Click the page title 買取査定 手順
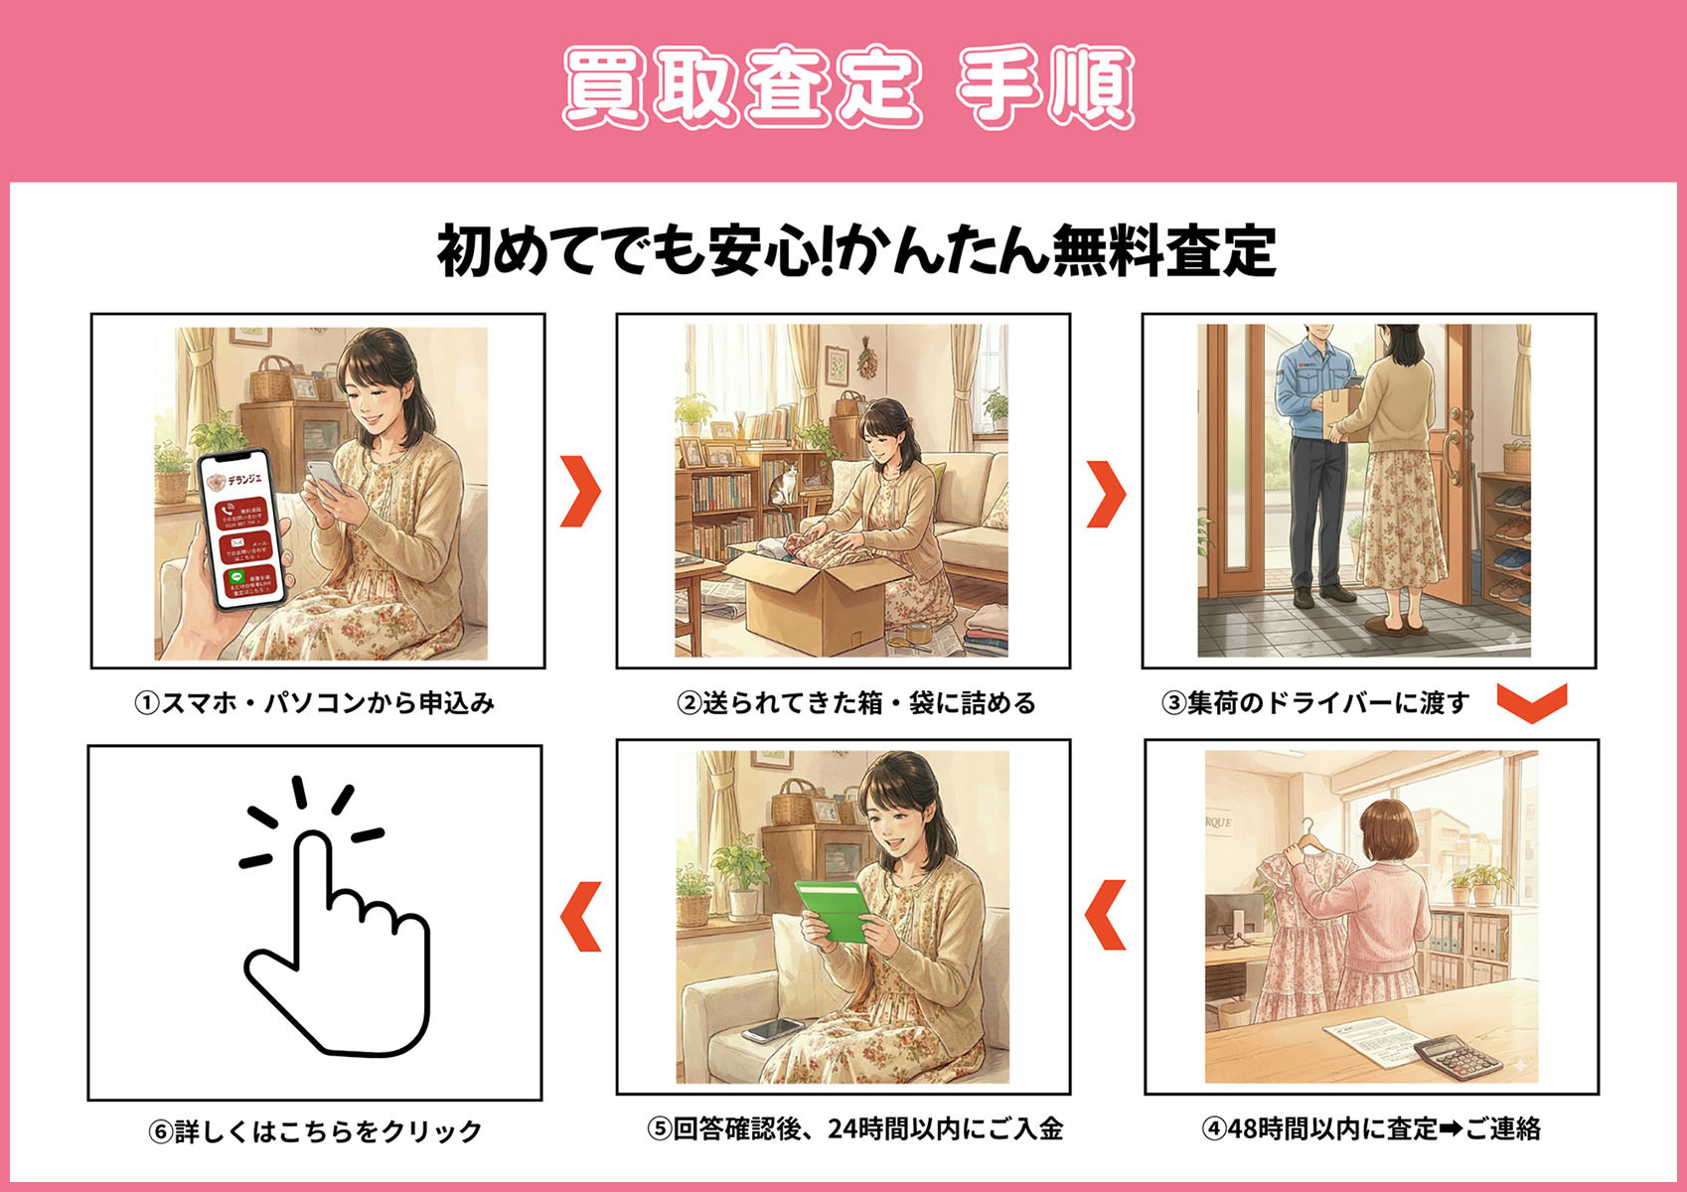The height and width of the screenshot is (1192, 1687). [847, 86]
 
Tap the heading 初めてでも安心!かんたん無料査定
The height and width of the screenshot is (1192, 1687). [855, 250]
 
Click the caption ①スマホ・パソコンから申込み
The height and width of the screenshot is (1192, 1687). [315, 703]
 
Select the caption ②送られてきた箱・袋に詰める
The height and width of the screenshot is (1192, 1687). [856, 703]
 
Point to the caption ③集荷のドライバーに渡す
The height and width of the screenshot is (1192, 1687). [1315, 703]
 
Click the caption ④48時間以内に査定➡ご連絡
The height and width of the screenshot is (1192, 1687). [1371, 1129]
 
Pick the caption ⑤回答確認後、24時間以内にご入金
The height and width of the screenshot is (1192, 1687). [855, 1129]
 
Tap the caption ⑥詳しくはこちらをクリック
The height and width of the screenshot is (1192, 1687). [316, 1131]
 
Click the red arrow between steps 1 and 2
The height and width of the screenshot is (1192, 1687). [580, 491]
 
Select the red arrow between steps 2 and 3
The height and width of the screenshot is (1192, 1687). [1106, 493]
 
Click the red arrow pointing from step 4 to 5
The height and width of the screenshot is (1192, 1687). [1106, 914]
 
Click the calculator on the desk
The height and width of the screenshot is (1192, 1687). [1457, 1059]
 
